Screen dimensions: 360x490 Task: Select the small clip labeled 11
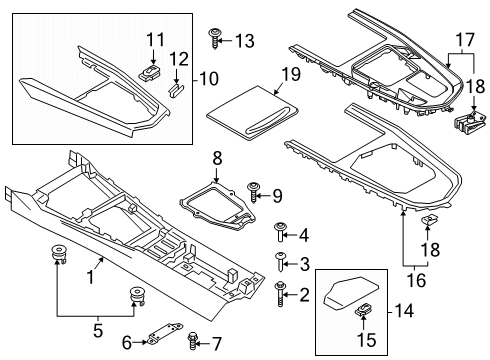(152, 72)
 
